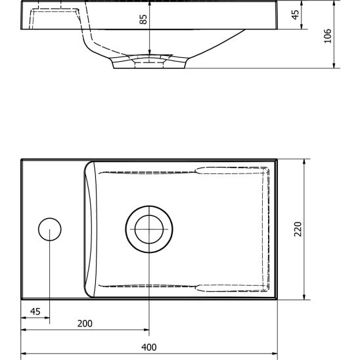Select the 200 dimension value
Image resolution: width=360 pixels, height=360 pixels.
84,323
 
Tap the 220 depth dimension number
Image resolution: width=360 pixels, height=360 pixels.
297,229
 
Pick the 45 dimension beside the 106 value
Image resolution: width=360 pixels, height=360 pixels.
295,14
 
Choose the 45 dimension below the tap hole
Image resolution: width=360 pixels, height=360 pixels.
35,311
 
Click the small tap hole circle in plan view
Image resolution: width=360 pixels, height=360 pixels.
50,229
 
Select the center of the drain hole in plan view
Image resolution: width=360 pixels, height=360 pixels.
149,229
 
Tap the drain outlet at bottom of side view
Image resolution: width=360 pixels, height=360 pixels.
150,62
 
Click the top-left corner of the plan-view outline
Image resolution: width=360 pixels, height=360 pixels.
21,159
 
